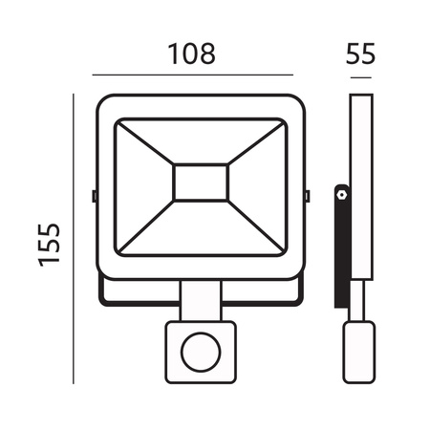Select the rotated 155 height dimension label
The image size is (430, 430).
point(50,245)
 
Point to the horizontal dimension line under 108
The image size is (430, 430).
point(191,75)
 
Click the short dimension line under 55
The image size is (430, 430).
point(358,75)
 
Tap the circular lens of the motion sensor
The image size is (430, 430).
point(201,350)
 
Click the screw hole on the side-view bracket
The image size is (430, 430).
point(340,194)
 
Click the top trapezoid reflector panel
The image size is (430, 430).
point(201,140)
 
